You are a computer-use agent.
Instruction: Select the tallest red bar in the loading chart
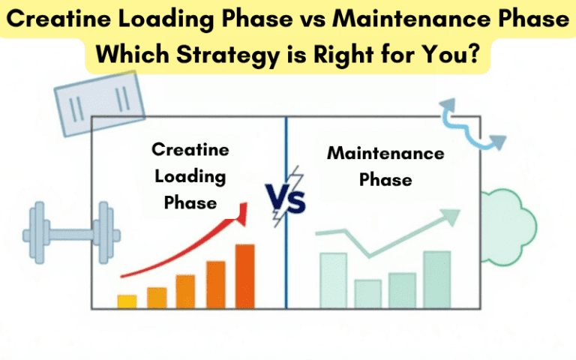pos(245,276)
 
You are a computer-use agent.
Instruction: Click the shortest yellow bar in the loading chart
pos(127,301)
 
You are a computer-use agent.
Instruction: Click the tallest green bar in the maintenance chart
pos(436,279)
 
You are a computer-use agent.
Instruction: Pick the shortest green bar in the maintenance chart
pos(367,293)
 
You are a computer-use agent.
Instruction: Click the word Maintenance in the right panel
pos(385,154)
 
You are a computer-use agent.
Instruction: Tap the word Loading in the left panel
pos(190,176)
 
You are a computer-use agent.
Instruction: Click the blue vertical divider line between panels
pos(286,255)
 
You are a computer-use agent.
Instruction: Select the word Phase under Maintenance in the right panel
pos(385,180)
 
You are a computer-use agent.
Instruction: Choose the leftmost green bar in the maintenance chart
pos(333,280)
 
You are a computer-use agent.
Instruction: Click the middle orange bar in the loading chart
pos(185,291)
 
